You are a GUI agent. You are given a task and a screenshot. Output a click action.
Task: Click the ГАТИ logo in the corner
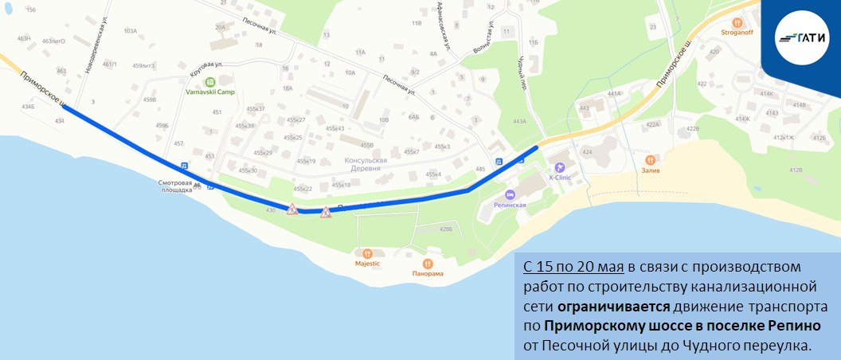[x=801, y=37]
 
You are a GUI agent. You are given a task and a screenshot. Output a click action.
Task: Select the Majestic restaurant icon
[x=367, y=253]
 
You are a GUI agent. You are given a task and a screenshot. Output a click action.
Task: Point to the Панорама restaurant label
[x=428, y=273]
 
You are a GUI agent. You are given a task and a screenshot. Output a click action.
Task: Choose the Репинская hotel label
[x=510, y=205]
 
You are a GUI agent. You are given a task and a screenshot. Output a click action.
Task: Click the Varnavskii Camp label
[x=209, y=92]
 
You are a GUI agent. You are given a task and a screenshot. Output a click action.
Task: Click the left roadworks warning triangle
[x=292, y=210]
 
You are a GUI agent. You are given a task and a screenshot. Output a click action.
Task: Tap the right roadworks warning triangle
[x=325, y=213]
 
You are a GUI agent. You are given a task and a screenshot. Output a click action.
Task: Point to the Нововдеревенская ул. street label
[x=100, y=44]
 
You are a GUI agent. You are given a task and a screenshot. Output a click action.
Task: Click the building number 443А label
[x=520, y=121]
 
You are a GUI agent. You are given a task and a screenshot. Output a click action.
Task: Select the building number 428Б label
[x=445, y=229]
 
